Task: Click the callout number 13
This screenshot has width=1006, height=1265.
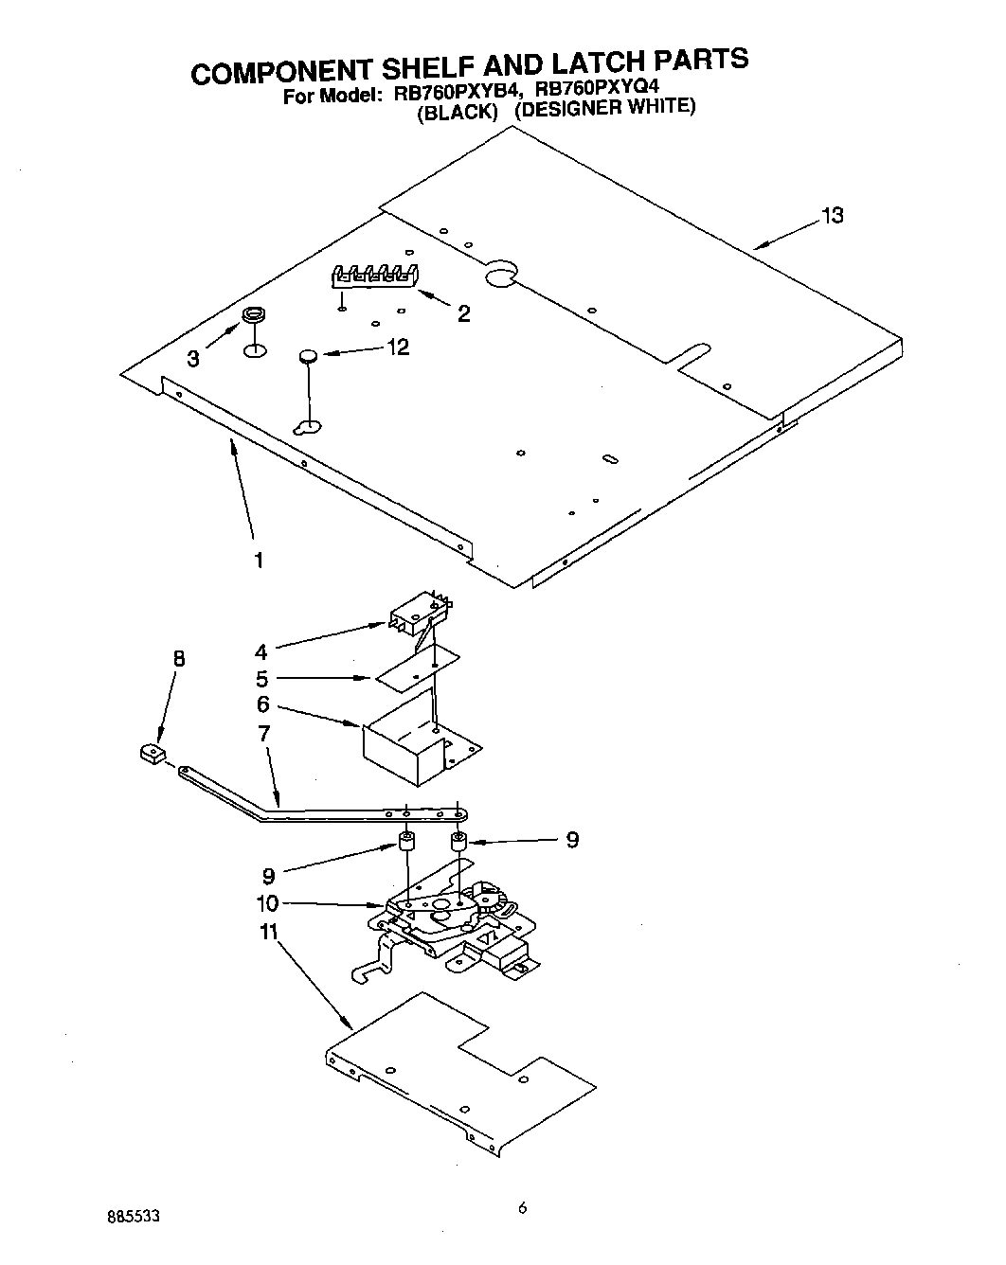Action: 832,216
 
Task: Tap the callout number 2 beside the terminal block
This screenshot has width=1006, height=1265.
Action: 463,314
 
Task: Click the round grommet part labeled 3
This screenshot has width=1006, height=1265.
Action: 253,314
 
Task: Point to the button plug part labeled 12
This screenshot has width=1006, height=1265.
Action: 308,356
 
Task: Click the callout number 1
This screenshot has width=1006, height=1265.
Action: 258,560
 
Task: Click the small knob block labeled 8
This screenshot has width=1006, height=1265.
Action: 150,754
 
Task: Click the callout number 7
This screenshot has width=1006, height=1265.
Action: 263,733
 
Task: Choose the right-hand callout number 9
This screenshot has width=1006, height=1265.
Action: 572,840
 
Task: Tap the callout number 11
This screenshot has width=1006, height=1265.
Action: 268,932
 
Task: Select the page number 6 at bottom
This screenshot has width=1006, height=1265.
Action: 522,1207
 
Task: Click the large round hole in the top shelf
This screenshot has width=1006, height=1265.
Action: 499,275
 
